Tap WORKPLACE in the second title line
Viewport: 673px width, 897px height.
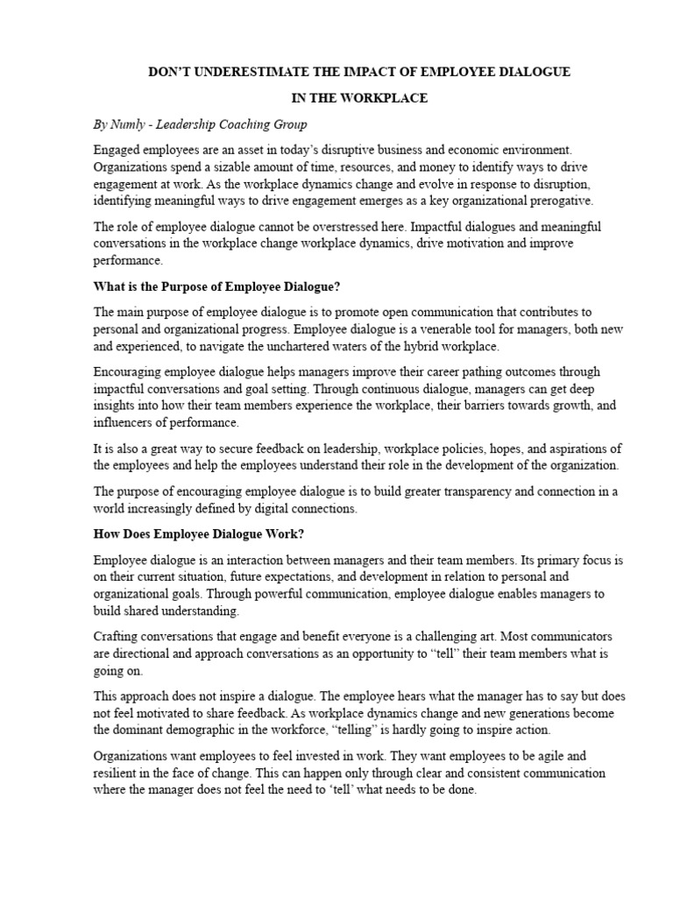[382, 98]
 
